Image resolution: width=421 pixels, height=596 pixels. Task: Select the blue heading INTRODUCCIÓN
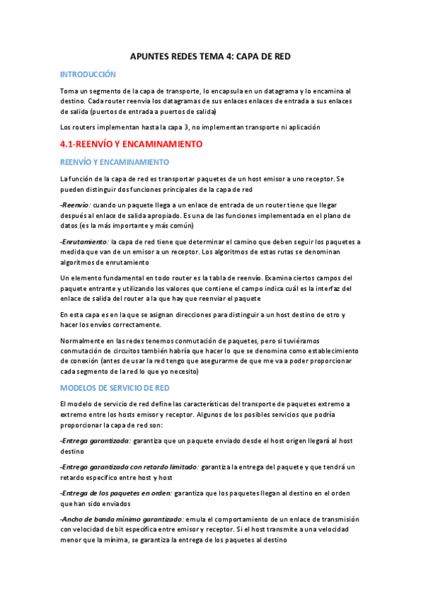(88, 74)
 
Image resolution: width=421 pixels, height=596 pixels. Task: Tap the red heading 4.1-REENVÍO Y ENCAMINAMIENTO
(131, 144)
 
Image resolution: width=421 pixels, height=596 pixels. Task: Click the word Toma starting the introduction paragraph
(69, 91)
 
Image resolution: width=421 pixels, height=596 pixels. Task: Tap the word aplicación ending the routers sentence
(304, 127)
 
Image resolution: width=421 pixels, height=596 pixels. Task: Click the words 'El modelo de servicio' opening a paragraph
(96, 404)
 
